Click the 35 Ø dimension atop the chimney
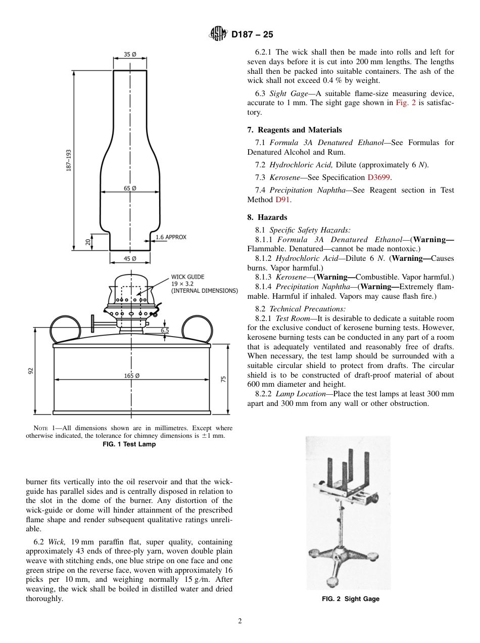pos(130,55)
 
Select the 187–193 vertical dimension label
pos(68,161)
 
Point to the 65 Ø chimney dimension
pos(130,188)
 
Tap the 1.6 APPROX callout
pos(171,237)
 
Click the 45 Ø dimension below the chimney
pos(130,259)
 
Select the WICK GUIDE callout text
pos(187,277)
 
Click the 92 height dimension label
pos(30,371)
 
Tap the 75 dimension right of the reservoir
pos(223,379)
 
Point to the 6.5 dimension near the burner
pos(165,330)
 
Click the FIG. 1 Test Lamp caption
pos(129,444)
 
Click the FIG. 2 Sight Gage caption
pos(351,599)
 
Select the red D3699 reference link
pos(379,177)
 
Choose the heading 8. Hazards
pos(267,217)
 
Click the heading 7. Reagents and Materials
pos(294,130)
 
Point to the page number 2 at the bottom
pos(240,621)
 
